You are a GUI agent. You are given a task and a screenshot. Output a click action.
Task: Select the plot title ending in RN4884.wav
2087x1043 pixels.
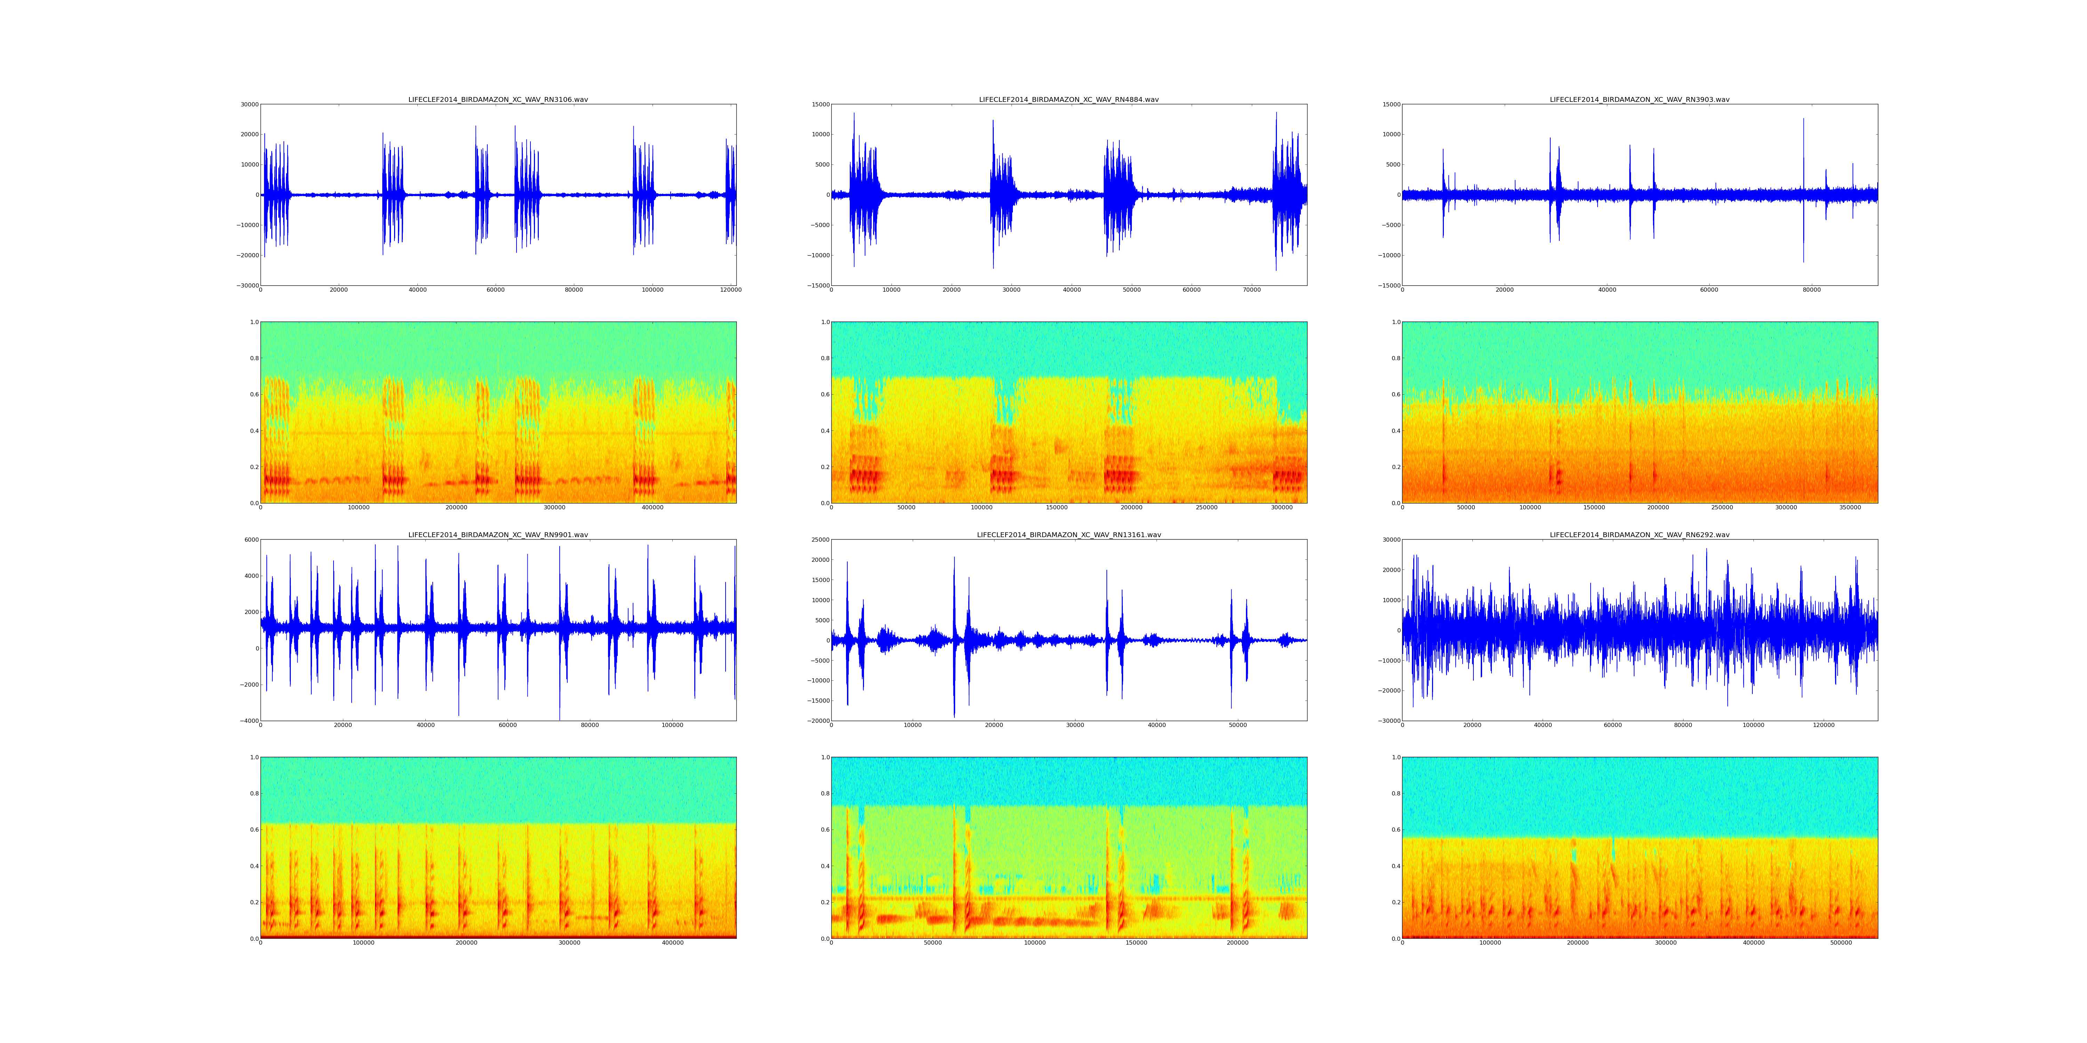pyautogui.click(x=1069, y=99)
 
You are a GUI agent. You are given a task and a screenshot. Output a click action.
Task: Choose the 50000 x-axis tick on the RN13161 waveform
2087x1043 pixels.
pyautogui.click(x=1238, y=725)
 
